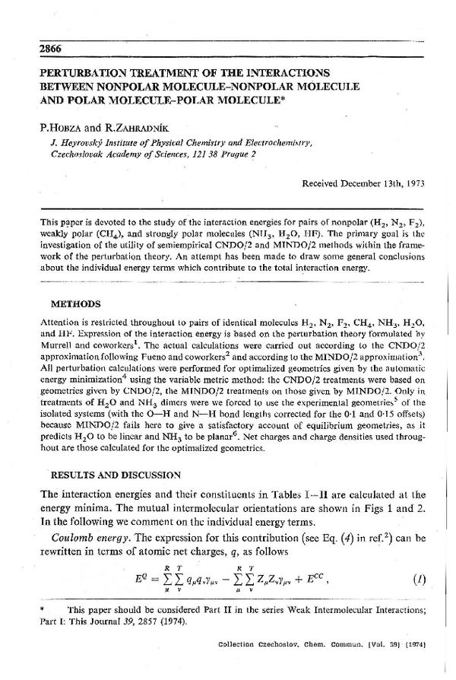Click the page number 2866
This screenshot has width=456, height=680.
pyautogui.click(x=39, y=49)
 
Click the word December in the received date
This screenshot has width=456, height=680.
pyautogui.click(x=356, y=184)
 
